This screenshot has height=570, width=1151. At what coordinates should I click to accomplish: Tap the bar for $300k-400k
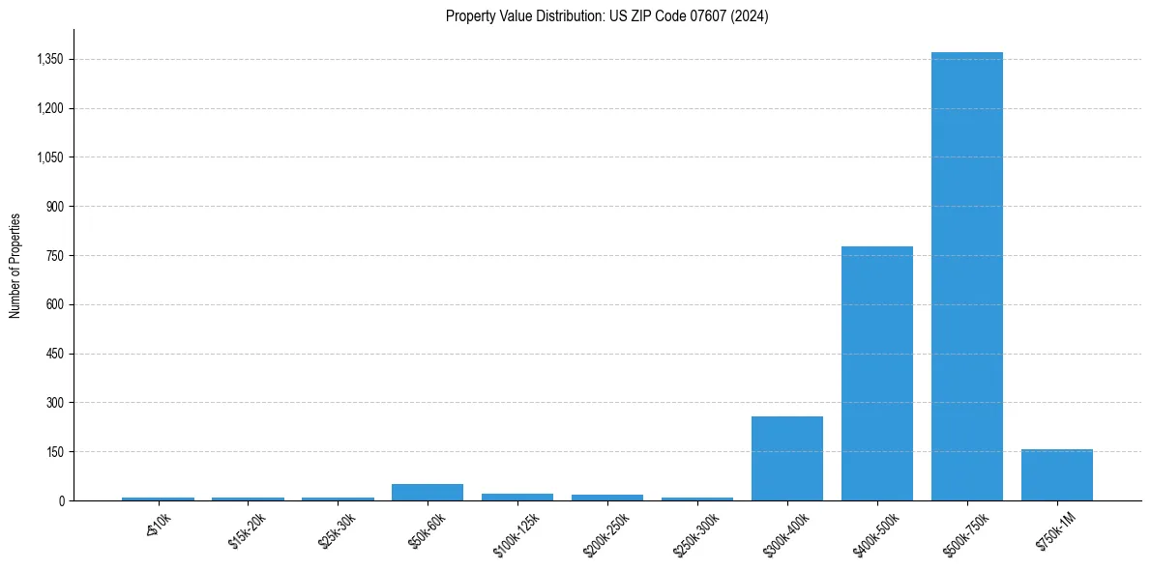tap(786, 459)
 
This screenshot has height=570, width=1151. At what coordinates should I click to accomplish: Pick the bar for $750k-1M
tap(1056, 475)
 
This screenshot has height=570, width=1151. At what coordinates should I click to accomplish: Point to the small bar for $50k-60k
tap(427, 493)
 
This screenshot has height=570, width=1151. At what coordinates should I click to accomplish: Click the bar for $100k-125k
tap(516, 497)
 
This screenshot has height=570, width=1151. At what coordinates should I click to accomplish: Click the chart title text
tap(606, 16)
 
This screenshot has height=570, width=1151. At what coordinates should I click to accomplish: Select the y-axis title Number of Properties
tap(15, 266)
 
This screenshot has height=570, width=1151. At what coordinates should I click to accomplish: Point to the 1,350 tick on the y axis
tap(49, 60)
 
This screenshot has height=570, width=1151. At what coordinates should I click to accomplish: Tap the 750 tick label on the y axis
tap(54, 256)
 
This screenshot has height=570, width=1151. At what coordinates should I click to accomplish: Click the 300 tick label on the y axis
tap(54, 403)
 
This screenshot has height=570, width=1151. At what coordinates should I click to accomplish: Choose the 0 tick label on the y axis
tap(60, 501)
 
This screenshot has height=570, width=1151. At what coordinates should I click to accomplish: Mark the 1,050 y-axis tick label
tap(49, 157)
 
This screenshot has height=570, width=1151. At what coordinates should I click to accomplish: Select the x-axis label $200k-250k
tap(604, 533)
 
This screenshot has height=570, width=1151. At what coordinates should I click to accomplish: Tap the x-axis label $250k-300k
tap(694, 533)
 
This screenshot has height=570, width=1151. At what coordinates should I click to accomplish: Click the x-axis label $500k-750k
tap(963, 533)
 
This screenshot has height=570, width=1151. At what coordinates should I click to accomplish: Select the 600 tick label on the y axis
tap(54, 305)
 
